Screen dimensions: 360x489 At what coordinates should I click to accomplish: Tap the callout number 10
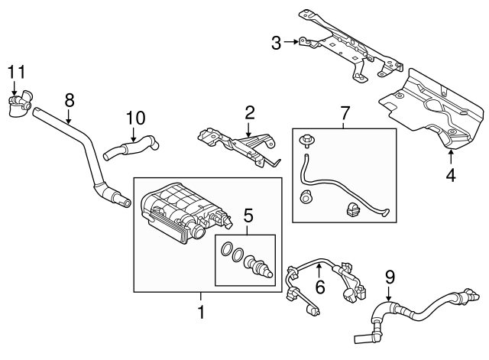(x=134, y=118)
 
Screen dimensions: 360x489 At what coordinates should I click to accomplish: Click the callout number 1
(x=201, y=312)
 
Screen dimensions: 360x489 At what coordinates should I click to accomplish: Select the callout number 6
(x=320, y=287)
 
